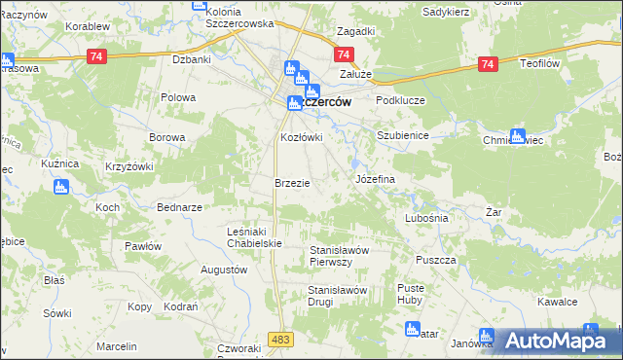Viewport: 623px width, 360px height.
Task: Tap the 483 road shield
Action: [x=281, y=338]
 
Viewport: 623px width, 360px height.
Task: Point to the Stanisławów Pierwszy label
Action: [x=339, y=255]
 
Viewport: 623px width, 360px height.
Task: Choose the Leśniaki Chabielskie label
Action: [x=253, y=237]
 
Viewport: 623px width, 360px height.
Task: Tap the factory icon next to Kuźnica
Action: [x=61, y=186]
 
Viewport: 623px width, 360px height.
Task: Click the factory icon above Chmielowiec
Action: [x=517, y=136]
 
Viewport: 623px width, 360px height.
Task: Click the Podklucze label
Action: [x=402, y=99]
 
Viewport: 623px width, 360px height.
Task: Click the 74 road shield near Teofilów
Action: [x=488, y=64]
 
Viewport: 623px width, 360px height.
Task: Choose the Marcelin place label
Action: [x=116, y=346]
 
